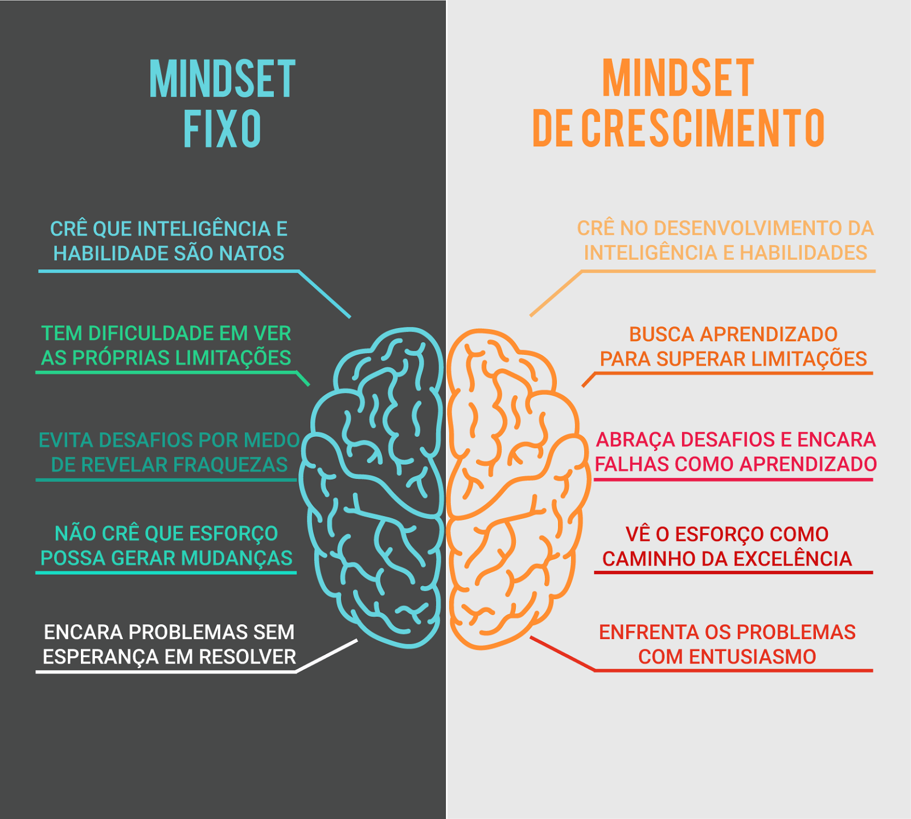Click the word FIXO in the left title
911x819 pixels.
[222, 129]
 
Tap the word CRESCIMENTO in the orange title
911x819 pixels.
[703, 128]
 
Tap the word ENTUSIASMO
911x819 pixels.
[752, 657]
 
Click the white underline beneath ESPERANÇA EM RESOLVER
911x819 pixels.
[165, 672]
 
